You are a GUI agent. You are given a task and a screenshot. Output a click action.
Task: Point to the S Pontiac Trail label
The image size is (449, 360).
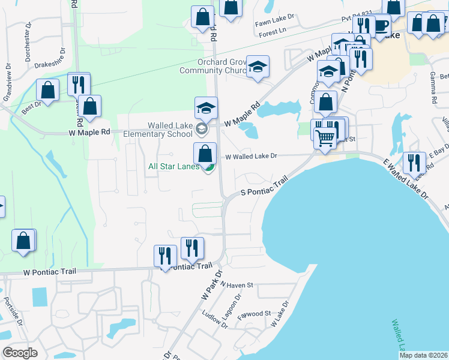[x=261, y=185]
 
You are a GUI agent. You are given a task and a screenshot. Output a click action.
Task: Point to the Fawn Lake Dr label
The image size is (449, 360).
[x=275, y=19]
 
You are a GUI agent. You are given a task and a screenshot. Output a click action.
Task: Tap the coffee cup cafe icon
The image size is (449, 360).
[x=381, y=25]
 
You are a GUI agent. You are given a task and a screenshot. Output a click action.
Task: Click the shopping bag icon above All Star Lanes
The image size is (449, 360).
[x=205, y=152]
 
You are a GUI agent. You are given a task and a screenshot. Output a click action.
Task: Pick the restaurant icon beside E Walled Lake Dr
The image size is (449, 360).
[x=414, y=163]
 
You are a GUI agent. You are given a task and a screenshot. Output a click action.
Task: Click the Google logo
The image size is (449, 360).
[x=20, y=353]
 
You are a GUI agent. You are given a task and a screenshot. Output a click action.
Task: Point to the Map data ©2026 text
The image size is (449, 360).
[x=423, y=355]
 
